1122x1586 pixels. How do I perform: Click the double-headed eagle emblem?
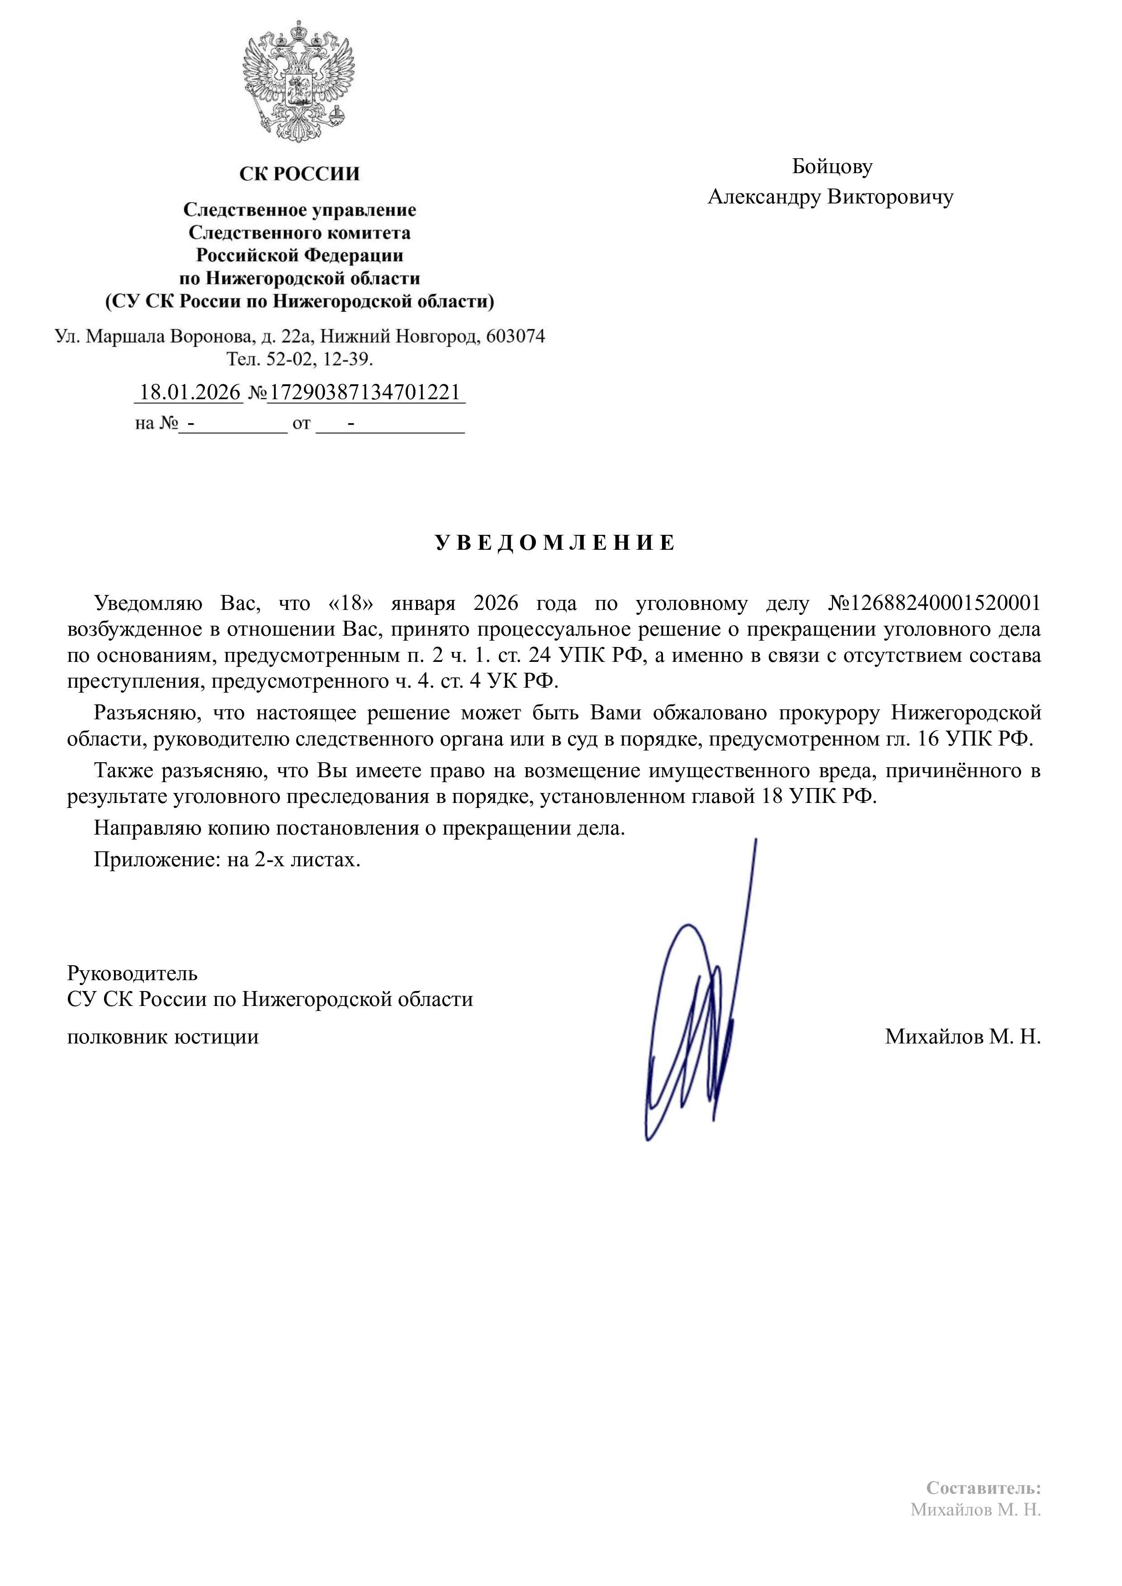click(x=299, y=81)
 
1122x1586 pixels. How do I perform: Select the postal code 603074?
click(x=516, y=336)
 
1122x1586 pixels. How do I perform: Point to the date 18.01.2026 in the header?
click(x=190, y=392)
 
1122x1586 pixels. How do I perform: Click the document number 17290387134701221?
click(x=364, y=392)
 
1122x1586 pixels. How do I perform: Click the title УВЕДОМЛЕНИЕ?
click(x=555, y=543)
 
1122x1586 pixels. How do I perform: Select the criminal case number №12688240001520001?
click(x=934, y=603)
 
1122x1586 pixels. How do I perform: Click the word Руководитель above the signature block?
click(x=132, y=973)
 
